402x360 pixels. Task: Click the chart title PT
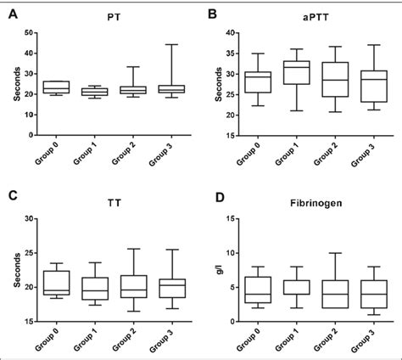[113, 16]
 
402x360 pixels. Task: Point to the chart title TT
[113, 204]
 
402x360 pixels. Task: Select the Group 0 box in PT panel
[56, 87]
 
